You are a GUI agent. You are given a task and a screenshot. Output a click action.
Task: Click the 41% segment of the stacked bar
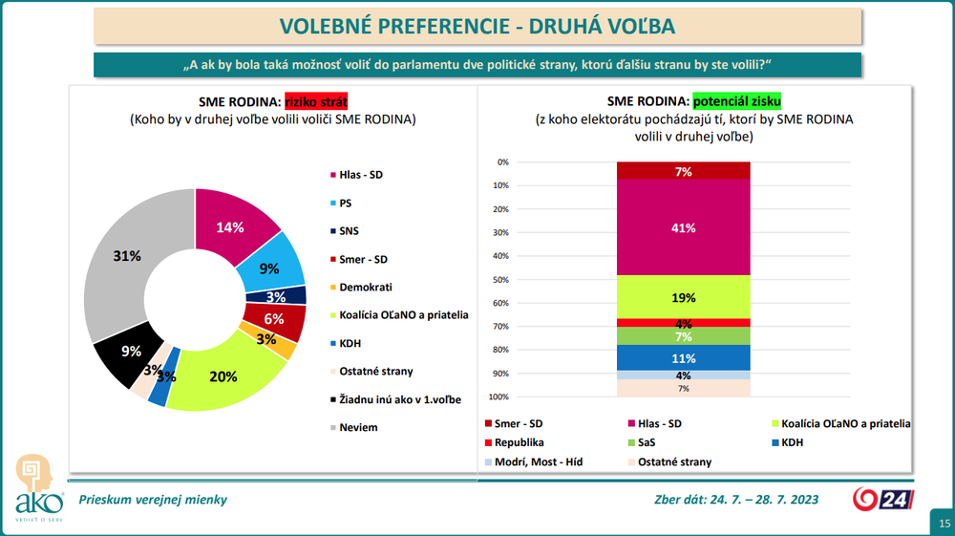pyautogui.click(x=683, y=227)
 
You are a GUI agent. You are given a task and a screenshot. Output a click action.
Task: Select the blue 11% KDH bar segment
pyautogui.click(x=683, y=357)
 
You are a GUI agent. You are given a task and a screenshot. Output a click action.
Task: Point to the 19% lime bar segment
pyautogui.click(x=683, y=296)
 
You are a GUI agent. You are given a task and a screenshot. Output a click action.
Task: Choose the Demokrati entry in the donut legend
pyautogui.click(x=365, y=287)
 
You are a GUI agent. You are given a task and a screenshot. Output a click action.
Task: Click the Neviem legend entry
pyautogui.click(x=358, y=427)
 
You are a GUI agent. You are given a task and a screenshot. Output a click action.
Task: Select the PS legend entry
pyautogui.click(x=345, y=203)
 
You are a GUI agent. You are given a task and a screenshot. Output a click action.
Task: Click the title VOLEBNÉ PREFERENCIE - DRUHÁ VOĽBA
pyautogui.click(x=477, y=26)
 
